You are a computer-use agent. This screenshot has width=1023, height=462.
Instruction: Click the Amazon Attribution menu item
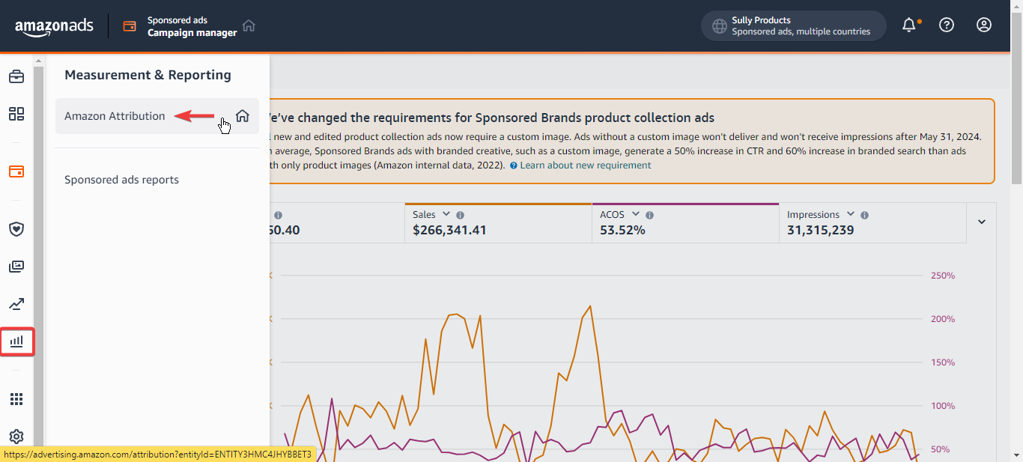pyautogui.click(x=115, y=116)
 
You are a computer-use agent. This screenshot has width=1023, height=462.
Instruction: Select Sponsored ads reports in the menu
pyautogui.click(x=121, y=180)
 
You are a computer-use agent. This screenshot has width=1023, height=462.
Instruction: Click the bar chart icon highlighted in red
pyautogui.click(x=16, y=342)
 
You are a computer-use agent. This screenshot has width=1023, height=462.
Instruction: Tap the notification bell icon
pyautogui.click(x=909, y=25)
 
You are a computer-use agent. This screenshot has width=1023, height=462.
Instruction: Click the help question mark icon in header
pyautogui.click(x=947, y=25)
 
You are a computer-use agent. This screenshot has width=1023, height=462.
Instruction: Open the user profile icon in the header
pyautogui.click(x=984, y=25)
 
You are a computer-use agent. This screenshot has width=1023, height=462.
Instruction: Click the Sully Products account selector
pyautogui.click(x=793, y=25)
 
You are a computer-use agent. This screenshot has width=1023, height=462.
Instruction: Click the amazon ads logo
pyautogui.click(x=54, y=26)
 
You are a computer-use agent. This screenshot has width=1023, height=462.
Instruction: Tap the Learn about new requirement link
pyautogui.click(x=585, y=165)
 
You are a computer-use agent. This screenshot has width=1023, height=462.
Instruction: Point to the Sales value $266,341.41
pyautogui.click(x=449, y=231)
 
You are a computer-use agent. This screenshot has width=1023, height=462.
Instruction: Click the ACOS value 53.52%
pyautogui.click(x=622, y=231)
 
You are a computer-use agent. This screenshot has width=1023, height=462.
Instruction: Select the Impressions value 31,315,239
pyautogui.click(x=820, y=231)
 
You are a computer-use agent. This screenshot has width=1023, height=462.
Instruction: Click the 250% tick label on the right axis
pyautogui.click(x=943, y=276)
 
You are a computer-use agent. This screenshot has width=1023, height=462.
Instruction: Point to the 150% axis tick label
pyautogui.click(x=943, y=362)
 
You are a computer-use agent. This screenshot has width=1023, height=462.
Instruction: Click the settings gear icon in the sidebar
pyautogui.click(x=16, y=437)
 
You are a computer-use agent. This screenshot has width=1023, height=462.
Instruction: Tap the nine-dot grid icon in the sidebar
pyautogui.click(x=16, y=399)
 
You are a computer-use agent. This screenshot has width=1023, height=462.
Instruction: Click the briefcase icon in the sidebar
pyautogui.click(x=16, y=76)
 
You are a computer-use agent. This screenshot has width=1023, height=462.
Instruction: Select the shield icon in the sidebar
pyautogui.click(x=16, y=229)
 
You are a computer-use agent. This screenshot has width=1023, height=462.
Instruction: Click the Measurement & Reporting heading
pyautogui.click(x=148, y=75)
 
